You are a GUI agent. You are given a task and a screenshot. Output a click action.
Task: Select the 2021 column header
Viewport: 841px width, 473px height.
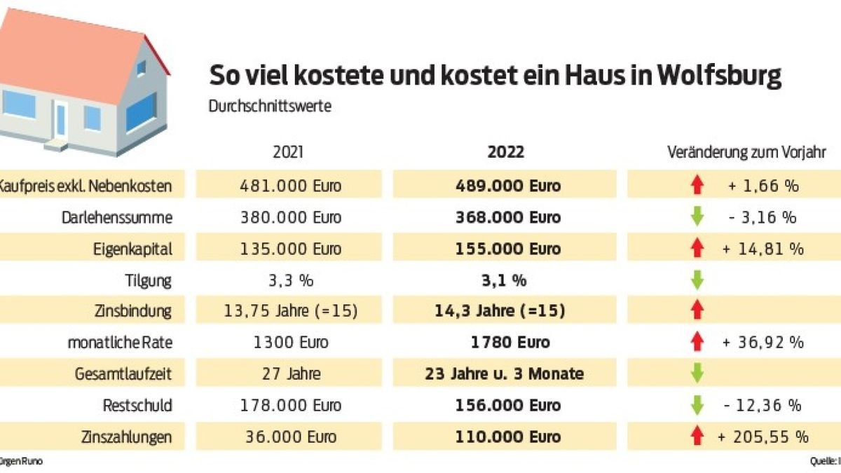(289, 152)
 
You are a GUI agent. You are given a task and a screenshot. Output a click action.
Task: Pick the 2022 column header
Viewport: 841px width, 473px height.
(505, 152)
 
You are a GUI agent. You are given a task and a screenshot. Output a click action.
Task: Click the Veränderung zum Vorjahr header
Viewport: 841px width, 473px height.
(747, 152)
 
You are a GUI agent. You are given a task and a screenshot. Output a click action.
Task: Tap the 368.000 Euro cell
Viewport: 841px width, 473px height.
(505, 217)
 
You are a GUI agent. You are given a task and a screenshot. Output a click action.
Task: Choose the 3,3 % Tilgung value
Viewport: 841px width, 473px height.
(289, 280)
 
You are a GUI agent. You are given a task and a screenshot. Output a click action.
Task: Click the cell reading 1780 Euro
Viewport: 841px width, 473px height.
(505, 343)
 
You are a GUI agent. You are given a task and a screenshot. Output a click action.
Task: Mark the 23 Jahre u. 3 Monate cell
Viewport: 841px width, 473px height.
(505, 373)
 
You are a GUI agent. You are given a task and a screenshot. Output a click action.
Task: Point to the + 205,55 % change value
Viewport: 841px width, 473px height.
(763, 437)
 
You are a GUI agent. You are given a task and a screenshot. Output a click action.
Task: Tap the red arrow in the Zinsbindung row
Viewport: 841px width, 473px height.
(697, 311)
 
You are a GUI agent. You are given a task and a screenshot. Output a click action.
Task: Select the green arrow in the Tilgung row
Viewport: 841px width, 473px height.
(697, 280)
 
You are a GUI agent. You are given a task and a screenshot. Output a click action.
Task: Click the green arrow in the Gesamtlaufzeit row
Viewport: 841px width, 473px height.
(697, 373)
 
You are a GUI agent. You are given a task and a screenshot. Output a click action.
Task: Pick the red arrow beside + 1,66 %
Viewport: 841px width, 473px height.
(697, 186)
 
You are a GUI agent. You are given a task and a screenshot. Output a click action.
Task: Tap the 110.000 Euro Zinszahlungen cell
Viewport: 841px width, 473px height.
(505, 437)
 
